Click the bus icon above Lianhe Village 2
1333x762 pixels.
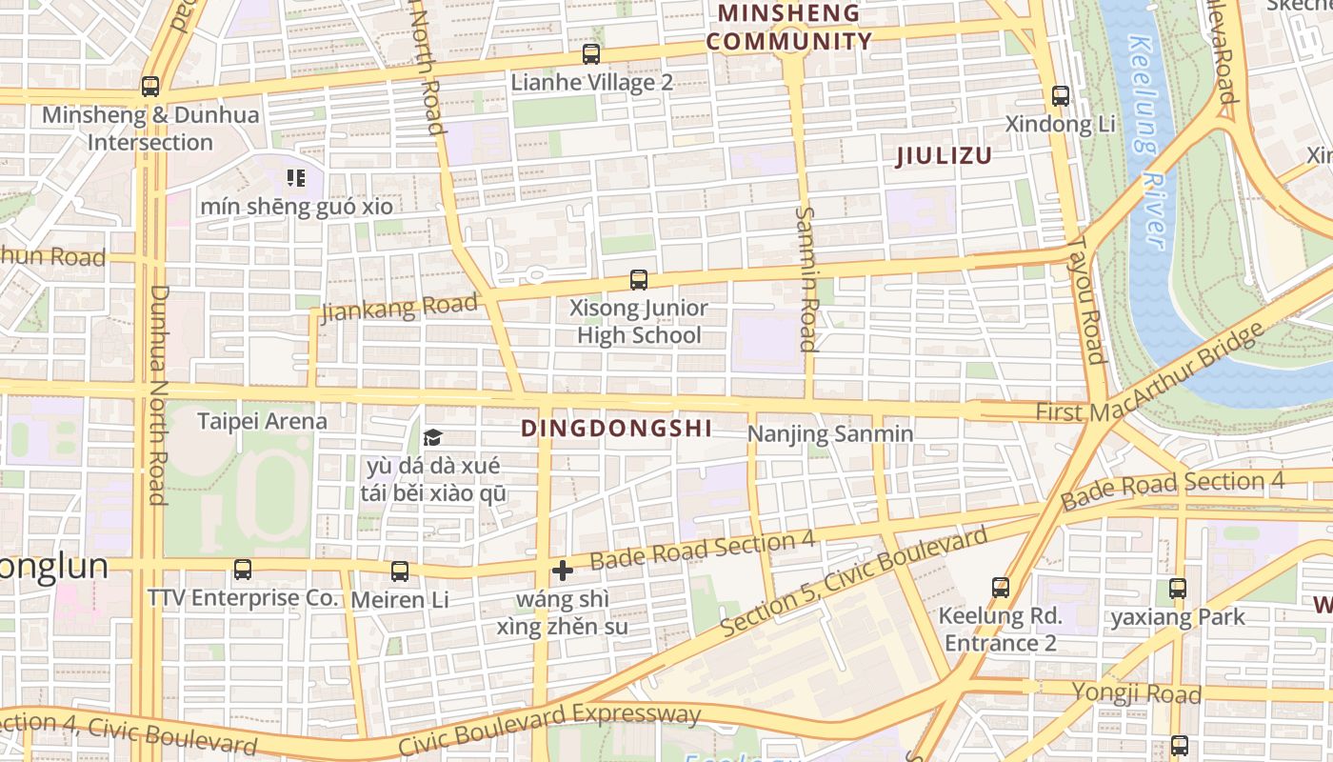click(591, 54)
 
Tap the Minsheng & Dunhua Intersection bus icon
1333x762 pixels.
click(150, 87)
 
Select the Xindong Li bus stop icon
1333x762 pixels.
click(1061, 96)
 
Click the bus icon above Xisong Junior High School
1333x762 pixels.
click(639, 280)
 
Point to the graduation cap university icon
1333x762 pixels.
click(433, 437)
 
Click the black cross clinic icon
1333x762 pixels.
click(563, 571)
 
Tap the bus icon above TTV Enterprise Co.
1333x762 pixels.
click(243, 570)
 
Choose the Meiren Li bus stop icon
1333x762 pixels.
click(400, 571)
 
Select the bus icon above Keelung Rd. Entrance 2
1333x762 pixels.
click(1000, 587)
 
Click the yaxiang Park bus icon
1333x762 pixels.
click(1178, 588)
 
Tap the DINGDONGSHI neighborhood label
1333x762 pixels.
click(616, 429)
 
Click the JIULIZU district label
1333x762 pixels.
click(944, 156)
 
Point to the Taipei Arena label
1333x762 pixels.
click(262, 421)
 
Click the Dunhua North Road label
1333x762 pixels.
click(157, 394)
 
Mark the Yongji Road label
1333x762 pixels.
click(1136, 692)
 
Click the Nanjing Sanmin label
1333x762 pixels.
click(830, 434)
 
